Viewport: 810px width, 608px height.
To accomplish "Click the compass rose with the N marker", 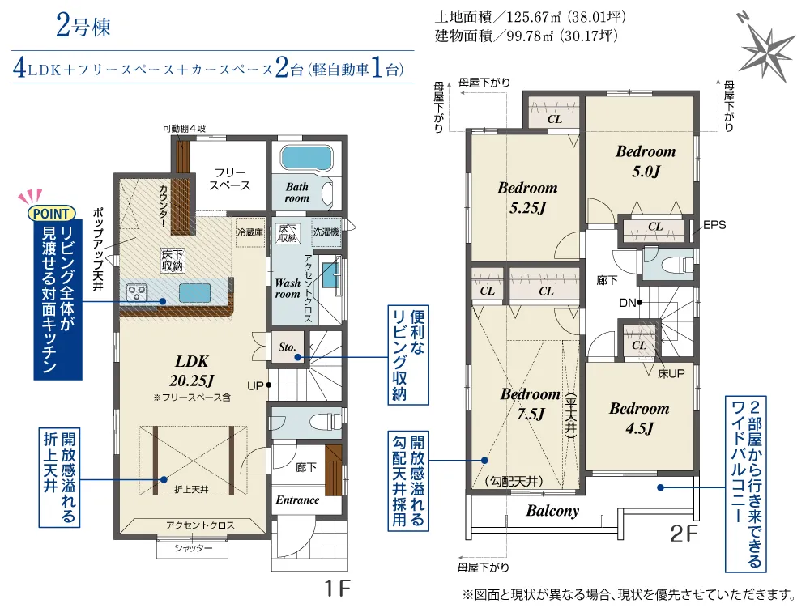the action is pyautogui.click(x=767, y=49).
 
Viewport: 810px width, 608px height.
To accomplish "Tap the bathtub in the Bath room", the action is pyautogui.click(x=306, y=157).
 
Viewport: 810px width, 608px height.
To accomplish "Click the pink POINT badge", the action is pyautogui.click(x=51, y=213).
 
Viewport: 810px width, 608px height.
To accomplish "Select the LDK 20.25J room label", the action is pyautogui.click(x=192, y=371).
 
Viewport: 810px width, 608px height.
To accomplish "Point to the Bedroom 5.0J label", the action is pyautogui.click(x=646, y=161).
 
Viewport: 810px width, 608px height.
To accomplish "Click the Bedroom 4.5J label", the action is pyautogui.click(x=639, y=418).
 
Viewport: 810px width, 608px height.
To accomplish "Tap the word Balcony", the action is pyautogui.click(x=552, y=511).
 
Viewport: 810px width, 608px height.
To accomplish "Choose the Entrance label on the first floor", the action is pyautogui.click(x=297, y=500).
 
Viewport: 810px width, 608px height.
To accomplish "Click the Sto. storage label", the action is pyautogui.click(x=288, y=347).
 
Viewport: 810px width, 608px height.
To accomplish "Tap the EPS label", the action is pyautogui.click(x=714, y=225).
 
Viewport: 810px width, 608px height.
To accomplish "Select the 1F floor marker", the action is pyautogui.click(x=337, y=589).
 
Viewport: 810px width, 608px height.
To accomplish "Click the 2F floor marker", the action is pyautogui.click(x=684, y=534).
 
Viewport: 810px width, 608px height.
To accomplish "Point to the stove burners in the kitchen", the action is pyautogui.click(x=136, y=292).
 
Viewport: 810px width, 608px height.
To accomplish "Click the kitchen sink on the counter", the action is pyautogui.click(x=194, y=292).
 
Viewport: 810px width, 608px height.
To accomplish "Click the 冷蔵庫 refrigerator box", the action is pyautogui.click(x=250, y=232).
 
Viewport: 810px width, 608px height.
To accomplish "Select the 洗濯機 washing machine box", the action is pyautogui.click(x=326, y=232).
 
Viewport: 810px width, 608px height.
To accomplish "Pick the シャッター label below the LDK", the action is pyautogui.click(x=193, y=548).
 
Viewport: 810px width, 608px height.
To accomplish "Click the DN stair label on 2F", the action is pyautogui.click(x=627, y=303).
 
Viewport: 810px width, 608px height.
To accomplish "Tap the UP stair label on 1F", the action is pyautogui.click(x=255, y=385).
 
